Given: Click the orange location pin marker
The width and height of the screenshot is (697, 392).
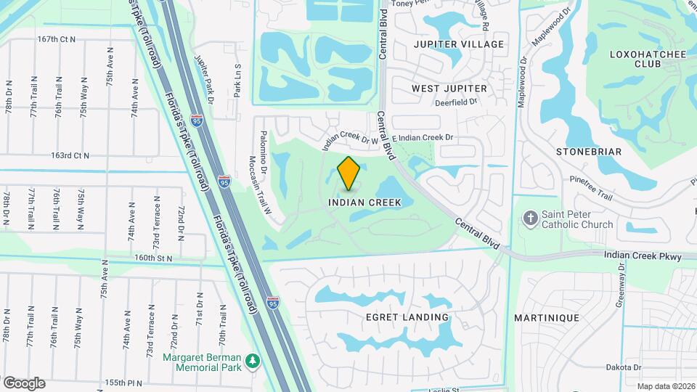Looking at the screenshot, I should click(x=349, y=173).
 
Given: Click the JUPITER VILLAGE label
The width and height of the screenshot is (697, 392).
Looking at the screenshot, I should click(x=458, y=44).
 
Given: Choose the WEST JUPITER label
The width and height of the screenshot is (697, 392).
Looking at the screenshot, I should click(x=449, y=89).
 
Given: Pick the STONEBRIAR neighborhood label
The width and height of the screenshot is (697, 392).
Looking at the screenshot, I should click(x=589, y=152).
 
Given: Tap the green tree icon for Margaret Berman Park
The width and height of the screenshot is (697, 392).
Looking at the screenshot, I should click(x=253, y=361).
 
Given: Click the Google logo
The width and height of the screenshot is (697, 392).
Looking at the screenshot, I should click(x=24, y=383).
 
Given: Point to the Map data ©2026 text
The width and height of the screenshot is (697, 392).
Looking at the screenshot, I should click(x=666, y=386).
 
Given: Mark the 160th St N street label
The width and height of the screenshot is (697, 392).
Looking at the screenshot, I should click(x=153, y=258).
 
